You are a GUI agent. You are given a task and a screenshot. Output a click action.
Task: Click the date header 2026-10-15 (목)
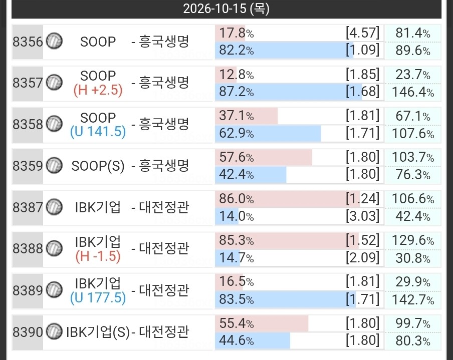(226, 9)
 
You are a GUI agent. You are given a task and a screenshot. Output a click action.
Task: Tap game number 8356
(28, 42)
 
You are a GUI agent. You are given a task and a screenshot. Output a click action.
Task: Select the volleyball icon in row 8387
(54, 207)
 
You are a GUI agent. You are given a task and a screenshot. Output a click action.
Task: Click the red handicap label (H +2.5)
(98, 90)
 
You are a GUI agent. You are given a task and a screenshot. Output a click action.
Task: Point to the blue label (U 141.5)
(98, 132)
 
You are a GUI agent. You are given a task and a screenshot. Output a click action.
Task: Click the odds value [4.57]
(363, 33)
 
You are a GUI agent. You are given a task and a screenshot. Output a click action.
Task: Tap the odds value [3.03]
(363, 216)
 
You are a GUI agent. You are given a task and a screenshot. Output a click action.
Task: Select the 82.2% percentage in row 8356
(237, 50)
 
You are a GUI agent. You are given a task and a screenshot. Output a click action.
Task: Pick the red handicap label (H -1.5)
(98, 256)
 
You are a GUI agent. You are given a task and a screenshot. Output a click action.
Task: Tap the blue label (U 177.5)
(98, 297)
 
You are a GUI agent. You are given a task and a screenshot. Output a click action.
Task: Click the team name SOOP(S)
(98, 166)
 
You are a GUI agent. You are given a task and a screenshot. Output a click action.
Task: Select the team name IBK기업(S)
(98, 332)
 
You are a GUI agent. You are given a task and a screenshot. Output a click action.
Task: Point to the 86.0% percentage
(237, 199)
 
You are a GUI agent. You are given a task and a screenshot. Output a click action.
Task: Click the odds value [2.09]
(363, 257)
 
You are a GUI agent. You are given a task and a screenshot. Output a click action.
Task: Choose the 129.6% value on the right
(413, 240)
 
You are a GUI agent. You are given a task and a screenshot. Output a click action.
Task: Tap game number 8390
(28, 332)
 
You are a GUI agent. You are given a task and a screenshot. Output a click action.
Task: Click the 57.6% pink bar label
(237, 157)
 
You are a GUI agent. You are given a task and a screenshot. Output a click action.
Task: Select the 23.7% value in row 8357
(413, 75)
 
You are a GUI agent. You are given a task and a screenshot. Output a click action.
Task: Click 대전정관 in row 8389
(164, 290)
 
